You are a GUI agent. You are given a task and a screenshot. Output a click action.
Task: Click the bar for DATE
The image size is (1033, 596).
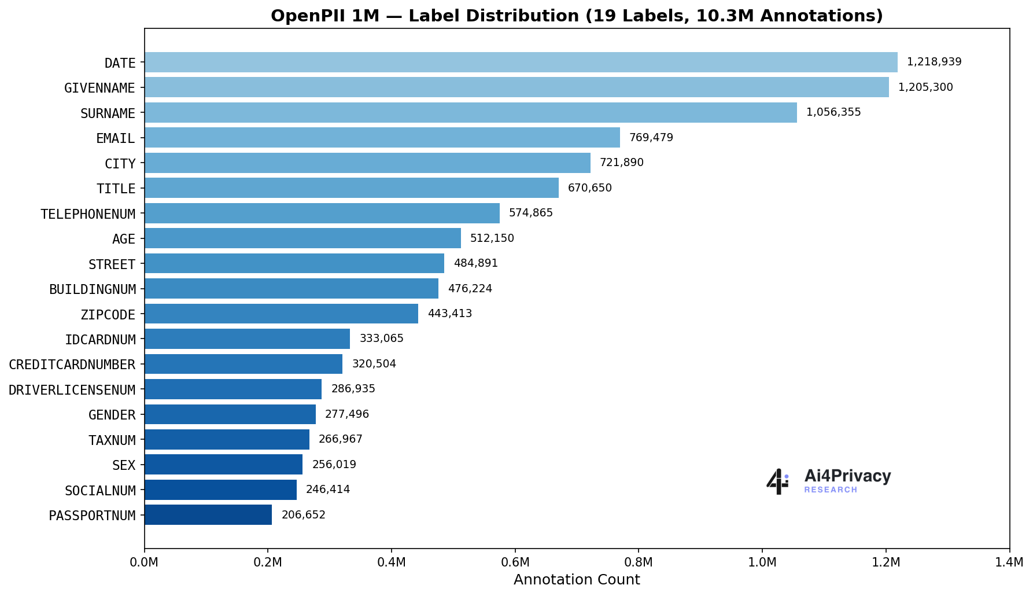click(x=521, y=62)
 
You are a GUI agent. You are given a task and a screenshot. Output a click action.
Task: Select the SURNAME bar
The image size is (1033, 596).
click(x=470, y=113)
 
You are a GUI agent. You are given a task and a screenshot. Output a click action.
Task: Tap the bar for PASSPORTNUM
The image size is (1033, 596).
click(x=208, y=515)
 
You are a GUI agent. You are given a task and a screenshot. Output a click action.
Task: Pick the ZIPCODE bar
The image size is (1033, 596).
click(x=281, y=314)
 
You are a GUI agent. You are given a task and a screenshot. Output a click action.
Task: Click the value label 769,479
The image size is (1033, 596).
click(x=651, y=138)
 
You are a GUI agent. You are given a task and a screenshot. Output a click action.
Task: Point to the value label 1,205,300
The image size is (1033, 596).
click(x=925, y=87)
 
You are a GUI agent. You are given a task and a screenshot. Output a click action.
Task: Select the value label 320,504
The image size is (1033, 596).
click(x=374, y=364)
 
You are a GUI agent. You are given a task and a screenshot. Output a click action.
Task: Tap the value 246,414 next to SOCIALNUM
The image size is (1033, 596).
click(x=327, y=490)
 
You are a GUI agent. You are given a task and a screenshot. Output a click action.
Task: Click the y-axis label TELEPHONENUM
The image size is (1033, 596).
click(x=88, y=214)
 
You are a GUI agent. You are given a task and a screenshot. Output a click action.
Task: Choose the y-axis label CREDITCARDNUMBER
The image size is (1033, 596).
click(x=72, y=365)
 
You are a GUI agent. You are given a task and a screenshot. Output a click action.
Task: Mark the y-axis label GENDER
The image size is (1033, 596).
click(x=112, y=415)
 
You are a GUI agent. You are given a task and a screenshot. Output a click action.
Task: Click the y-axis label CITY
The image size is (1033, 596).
click(x=120, y=164)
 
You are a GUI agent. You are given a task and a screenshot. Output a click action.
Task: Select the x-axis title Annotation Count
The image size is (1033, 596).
click(x=577, y=580)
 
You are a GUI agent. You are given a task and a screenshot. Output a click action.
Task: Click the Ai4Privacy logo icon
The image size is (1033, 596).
click(x=777, y=481)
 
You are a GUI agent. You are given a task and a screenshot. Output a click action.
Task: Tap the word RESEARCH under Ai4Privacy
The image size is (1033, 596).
click(x=830, y=490)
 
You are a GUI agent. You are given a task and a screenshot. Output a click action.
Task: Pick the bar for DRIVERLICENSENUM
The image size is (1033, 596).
click(x=233, y=389)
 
